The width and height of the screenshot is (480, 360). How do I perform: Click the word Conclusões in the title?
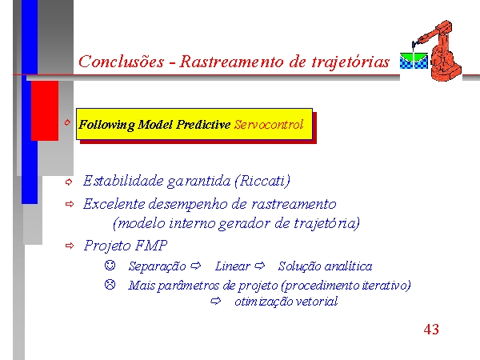pyautogui.click(x=122, y=62)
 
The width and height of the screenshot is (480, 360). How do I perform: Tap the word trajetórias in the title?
pyautogui.click(x=350, y=62)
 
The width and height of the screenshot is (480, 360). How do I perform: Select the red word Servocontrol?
pyautogui.click(x=269, y=125)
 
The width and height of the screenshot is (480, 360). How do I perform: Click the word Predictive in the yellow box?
pyautogui.click(x=203, y=125)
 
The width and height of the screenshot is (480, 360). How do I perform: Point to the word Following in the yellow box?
pyautogui.click(x=106, y=126)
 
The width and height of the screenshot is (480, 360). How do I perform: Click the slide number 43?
pyautogui.click(x=431, y=330)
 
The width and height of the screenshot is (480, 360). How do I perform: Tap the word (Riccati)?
pyautogui.click(x=262, y=181)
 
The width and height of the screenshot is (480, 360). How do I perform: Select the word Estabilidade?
pyautogui.click(x=123, y=181)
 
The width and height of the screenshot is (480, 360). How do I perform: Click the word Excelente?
pyautogui.click(x=114, y=204)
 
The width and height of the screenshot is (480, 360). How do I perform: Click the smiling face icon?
pyautogui.click(x=110, y=265)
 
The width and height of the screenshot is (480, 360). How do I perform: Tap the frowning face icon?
pyautogui.click(x=110, y=284)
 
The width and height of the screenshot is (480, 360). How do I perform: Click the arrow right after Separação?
pyautogui.click(x=196, y=266)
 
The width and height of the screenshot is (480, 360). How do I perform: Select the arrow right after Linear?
pyautogui.click(x=259, y=266)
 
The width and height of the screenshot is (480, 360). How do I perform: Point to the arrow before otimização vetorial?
pyautogui.click(x=216, y=301)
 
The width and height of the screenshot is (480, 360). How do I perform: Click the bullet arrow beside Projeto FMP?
pyautogui.click(x=70, y=246)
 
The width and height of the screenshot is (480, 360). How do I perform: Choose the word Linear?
pyautogui.click(x=232, y=266)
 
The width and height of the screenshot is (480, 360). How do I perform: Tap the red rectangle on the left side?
pyautogui.click(x=45, y=111)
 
